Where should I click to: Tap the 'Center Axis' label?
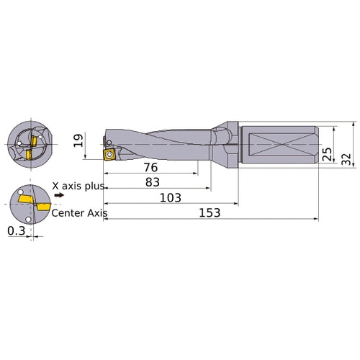[x=79, y=213]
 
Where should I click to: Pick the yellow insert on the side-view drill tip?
[x=110, y=153]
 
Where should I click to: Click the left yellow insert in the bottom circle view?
[x=26, y=197]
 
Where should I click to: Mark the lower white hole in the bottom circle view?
[x=26, y=219]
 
